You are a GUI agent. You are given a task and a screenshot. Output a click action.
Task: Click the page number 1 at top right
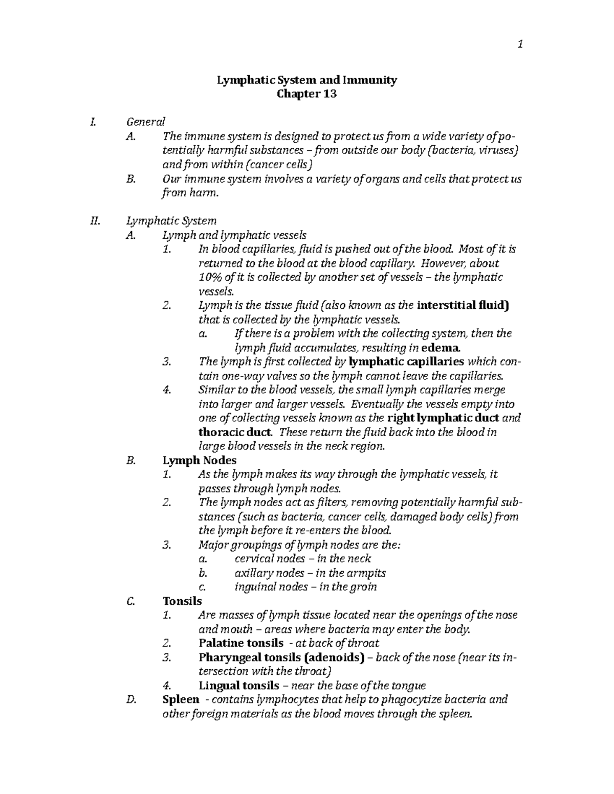click(520, 45)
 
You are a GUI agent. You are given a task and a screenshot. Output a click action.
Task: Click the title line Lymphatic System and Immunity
click(307, 80)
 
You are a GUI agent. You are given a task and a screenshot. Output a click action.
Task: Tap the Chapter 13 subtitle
click(306, 94)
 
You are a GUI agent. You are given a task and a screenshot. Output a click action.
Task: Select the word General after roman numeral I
click(146, 122)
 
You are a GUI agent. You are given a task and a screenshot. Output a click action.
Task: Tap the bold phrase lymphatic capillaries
click(406, 362)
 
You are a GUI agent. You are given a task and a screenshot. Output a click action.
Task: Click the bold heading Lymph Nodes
click(200, 460)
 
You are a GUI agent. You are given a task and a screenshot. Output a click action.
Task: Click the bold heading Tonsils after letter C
click(182, 601)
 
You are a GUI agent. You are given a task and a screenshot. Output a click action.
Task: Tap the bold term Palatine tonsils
click(240, 643)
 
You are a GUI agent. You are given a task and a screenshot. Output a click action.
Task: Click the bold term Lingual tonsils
click(238, 685)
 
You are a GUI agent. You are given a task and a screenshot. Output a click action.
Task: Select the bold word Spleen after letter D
click(180, 699)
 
